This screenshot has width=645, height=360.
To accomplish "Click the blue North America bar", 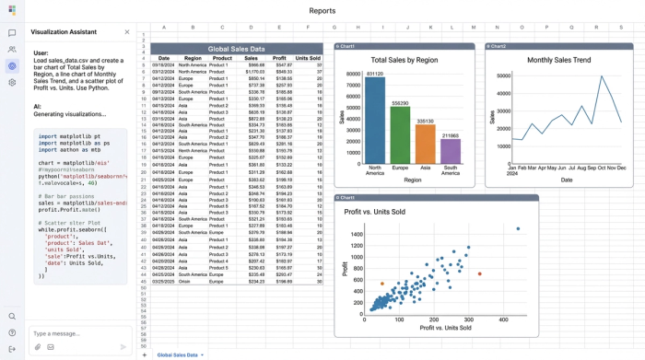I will pos(374,120).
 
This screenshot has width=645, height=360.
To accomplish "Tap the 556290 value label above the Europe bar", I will pos(400,103).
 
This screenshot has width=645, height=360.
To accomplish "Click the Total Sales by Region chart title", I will pos(405,60).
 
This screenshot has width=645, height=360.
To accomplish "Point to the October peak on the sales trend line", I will pos(602,77).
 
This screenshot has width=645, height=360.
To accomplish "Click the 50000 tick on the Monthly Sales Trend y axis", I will pos(503,76).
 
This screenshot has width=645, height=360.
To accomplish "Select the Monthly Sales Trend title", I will pos(559,60).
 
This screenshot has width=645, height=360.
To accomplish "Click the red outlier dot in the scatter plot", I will pos(479,273).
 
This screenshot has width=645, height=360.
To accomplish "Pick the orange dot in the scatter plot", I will pos(382,284).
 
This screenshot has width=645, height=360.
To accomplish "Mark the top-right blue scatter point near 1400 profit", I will pos(518,228).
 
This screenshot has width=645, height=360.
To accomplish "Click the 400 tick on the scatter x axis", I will pos(503,319).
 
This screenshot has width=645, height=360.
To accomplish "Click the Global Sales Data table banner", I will pos(236,49).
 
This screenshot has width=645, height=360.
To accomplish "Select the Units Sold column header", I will pos(308,58).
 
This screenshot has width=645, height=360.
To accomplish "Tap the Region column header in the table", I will pos(193,58).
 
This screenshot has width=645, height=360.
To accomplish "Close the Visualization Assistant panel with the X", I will pos(127,32).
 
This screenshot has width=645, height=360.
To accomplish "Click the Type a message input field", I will pos(74,333).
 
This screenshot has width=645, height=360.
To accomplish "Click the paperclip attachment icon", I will pos(38,347).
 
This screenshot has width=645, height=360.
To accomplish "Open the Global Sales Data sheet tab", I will pos(177,354).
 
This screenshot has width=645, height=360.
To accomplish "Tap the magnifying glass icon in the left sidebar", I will pos(12,316).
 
